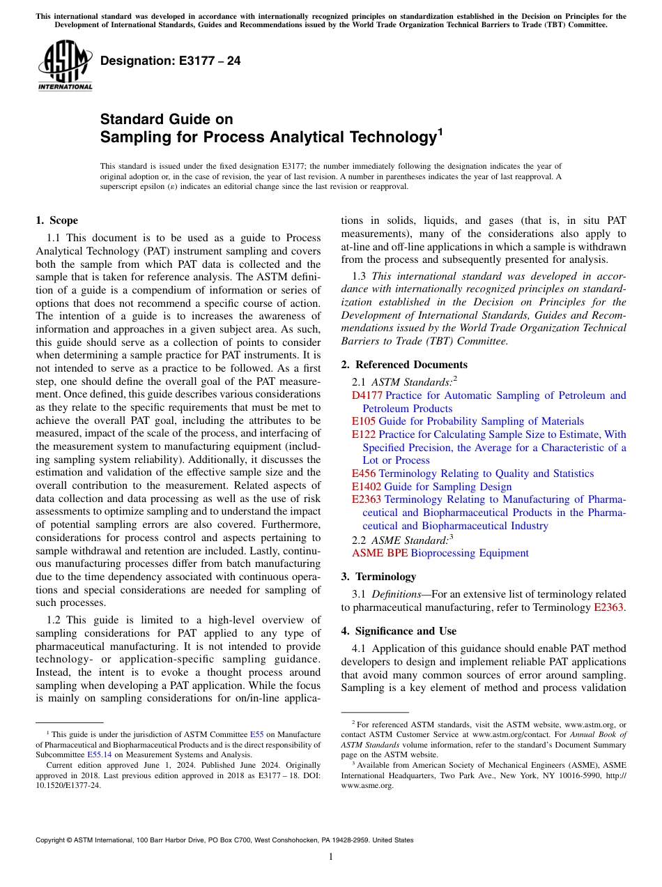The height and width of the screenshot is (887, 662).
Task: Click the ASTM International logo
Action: click(x=65, y=66)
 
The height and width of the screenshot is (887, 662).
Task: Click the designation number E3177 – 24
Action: click(x=171, y=61)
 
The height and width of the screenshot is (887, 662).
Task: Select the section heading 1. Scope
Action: click(x=56, y=221)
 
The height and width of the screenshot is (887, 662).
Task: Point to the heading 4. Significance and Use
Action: click(x=399, y=631)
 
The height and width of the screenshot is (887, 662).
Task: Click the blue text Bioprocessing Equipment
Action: click(x=470, y=553)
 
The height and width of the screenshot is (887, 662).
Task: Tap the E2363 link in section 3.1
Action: click(x=608, y=607)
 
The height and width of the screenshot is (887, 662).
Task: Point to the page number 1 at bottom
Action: click(x=331, y=857)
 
